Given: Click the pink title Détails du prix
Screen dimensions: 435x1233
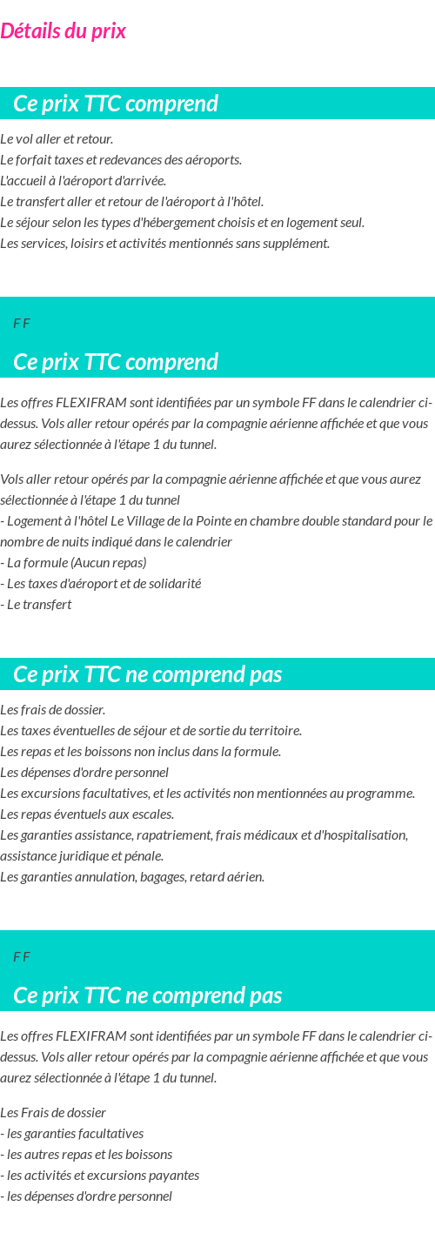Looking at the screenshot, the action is click(x=64, y=31).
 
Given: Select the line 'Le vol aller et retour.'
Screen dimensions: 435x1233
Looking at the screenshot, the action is click(x=57, y=139).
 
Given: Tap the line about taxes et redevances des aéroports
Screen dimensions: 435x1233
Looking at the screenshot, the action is click(x=121, y=160).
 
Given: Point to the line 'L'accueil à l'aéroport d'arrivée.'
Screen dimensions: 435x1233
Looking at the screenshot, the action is click(x=83, y=181).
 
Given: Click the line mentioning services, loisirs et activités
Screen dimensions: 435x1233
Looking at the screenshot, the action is click(x=164, y=244).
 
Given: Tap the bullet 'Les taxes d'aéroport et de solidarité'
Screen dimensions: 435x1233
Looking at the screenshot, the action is click(x=103, y=583).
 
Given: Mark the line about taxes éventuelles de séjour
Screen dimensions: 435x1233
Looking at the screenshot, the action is click(x=151, y=731).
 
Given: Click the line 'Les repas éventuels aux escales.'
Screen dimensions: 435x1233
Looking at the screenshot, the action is click(x=87, y=814).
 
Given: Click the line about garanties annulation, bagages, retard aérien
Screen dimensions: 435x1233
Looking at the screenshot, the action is click(x=132, y=877).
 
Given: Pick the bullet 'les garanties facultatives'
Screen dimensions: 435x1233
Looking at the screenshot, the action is click(x=75, y=1134).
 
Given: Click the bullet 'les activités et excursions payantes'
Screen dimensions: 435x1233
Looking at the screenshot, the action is click(x=103, y=1176).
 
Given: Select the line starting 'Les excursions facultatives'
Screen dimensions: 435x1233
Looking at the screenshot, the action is click(x=207, y=794).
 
